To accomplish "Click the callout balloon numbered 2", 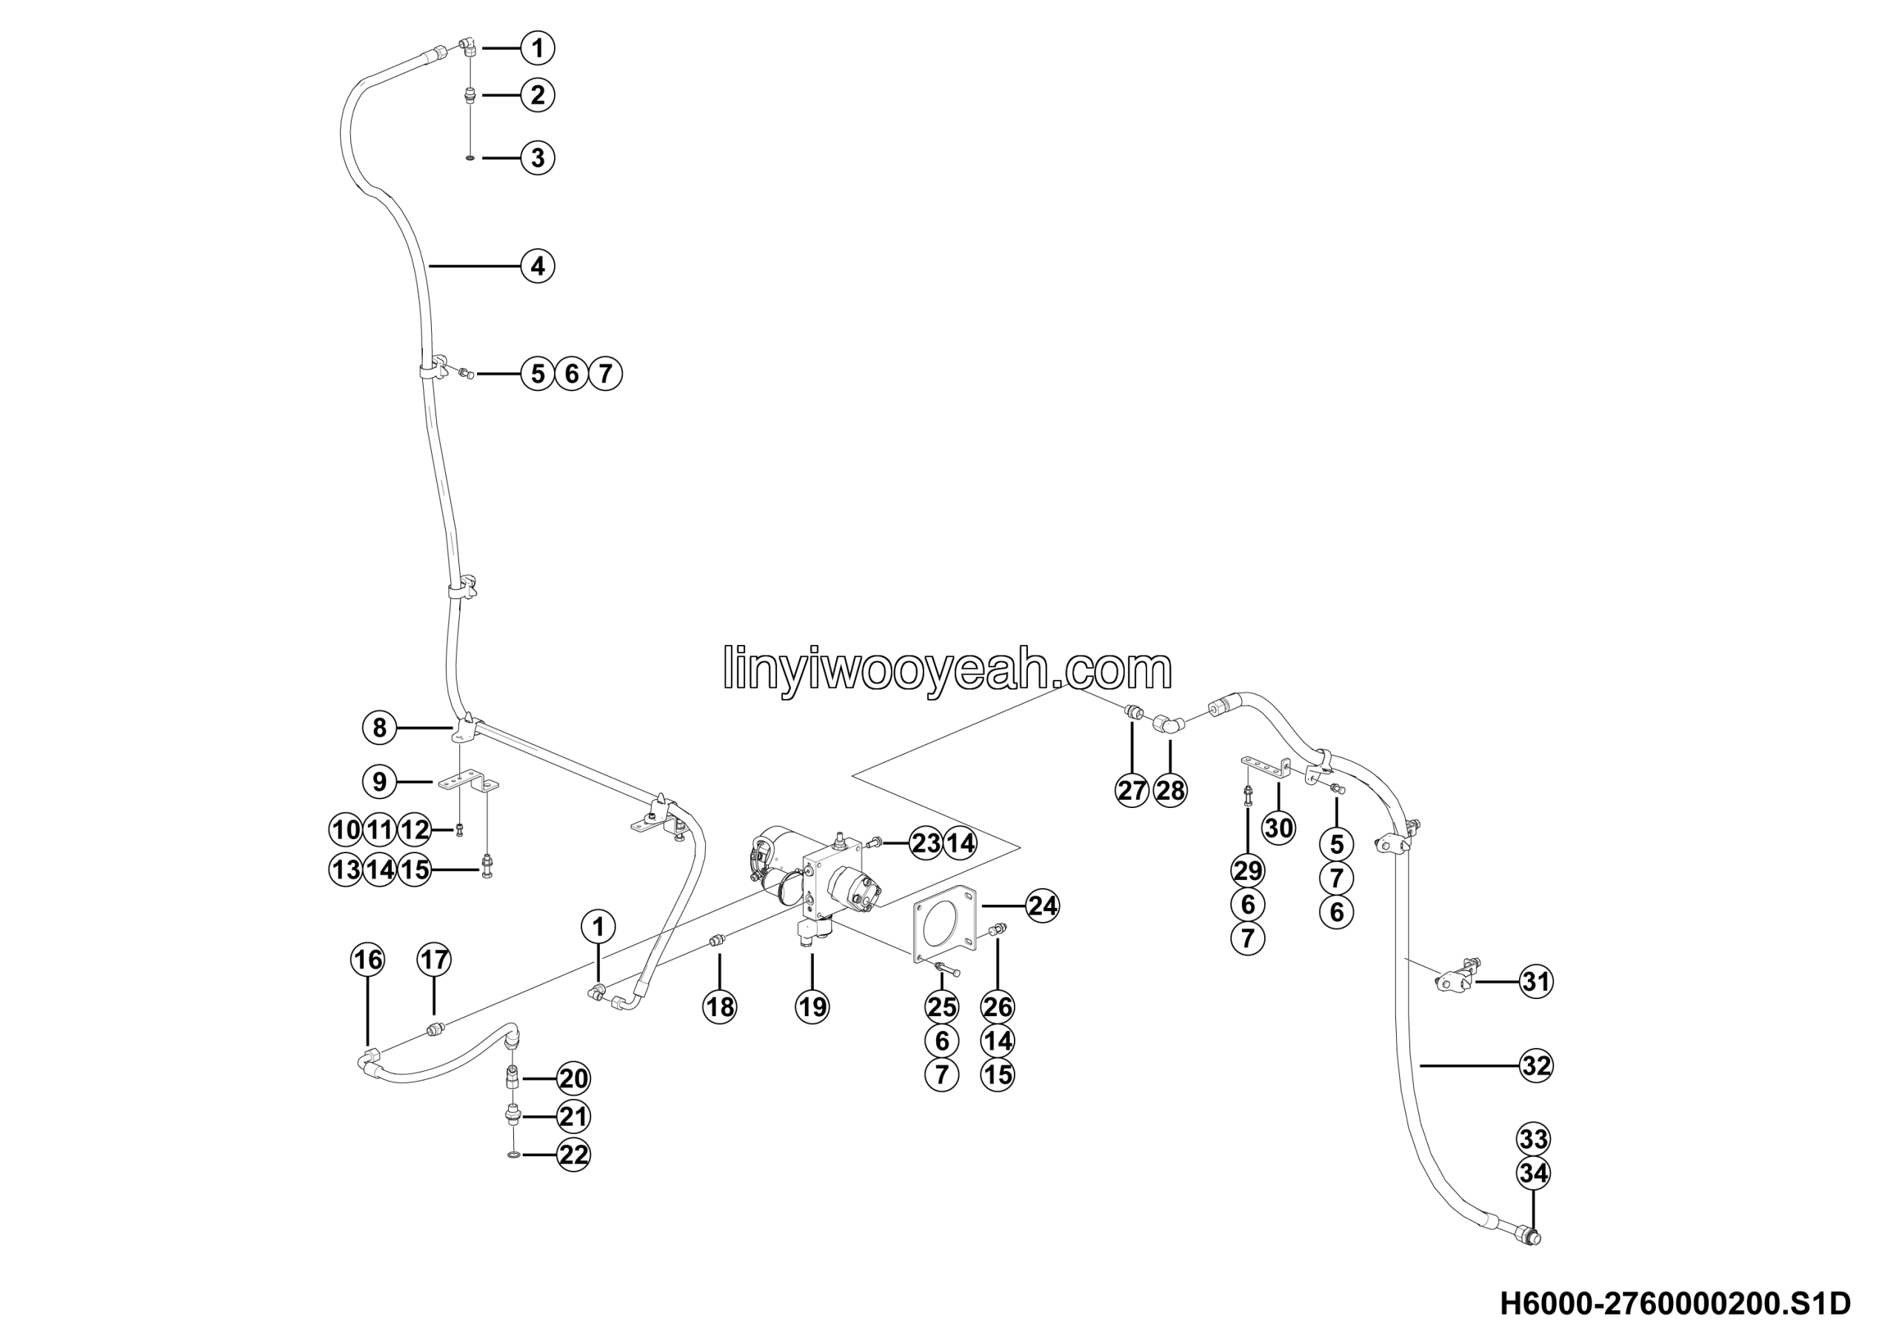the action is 538,95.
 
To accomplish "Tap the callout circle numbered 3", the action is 538,158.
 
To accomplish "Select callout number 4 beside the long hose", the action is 538,266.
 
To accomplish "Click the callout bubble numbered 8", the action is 379,727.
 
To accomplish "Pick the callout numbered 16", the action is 367,959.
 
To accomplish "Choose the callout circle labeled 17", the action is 434,959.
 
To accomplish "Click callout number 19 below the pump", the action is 812,1006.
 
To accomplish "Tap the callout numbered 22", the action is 573,1154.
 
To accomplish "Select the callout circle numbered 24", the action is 1042,906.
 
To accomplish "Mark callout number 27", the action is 1132,790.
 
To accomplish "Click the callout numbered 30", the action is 1278,827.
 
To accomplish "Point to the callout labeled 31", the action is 1536,981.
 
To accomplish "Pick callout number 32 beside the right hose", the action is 1536,1066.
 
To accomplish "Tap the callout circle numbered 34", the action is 1534,1173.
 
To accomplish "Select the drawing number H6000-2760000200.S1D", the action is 1675,1303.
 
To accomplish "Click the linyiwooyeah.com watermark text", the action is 947,669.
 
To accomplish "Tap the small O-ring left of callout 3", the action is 470,158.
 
